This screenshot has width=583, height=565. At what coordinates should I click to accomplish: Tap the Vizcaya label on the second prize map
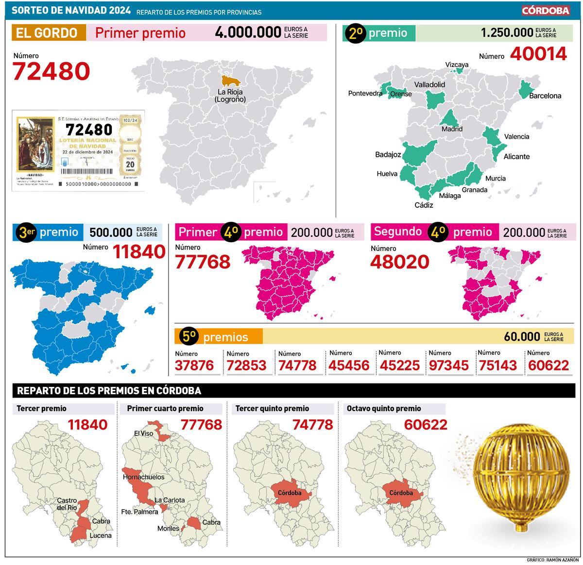(457, 65)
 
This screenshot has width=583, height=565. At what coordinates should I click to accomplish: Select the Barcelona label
(545, 96)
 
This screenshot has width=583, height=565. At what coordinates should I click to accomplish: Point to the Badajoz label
(388, 155)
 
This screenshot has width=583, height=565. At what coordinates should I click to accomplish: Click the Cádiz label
(424, 205)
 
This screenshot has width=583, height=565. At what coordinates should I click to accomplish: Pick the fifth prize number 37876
(194, 365)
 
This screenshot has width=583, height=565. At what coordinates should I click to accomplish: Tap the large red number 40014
(538, 54)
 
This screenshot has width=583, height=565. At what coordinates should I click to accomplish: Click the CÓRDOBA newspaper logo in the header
(546, 10)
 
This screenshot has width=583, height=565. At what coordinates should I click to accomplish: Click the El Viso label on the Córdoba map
(143, 433)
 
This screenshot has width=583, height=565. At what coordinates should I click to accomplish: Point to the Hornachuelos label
(143, 477)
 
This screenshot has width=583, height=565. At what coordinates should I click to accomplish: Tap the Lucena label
(101, 535)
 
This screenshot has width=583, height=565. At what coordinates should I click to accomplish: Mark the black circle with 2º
(355, 33)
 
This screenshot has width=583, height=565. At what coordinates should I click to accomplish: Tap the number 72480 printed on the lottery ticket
(89, 130)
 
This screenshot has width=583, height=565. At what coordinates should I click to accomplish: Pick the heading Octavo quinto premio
(384, 408)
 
